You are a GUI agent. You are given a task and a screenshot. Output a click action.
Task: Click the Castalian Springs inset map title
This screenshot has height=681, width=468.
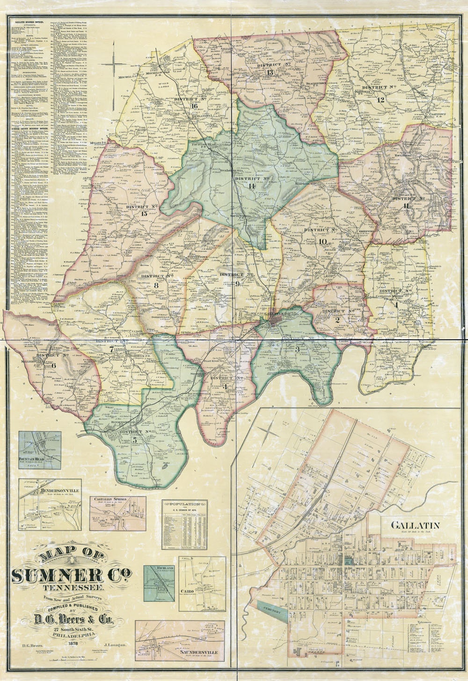point(110,499)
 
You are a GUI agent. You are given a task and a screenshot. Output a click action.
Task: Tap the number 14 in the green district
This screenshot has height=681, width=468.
point(251,186)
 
